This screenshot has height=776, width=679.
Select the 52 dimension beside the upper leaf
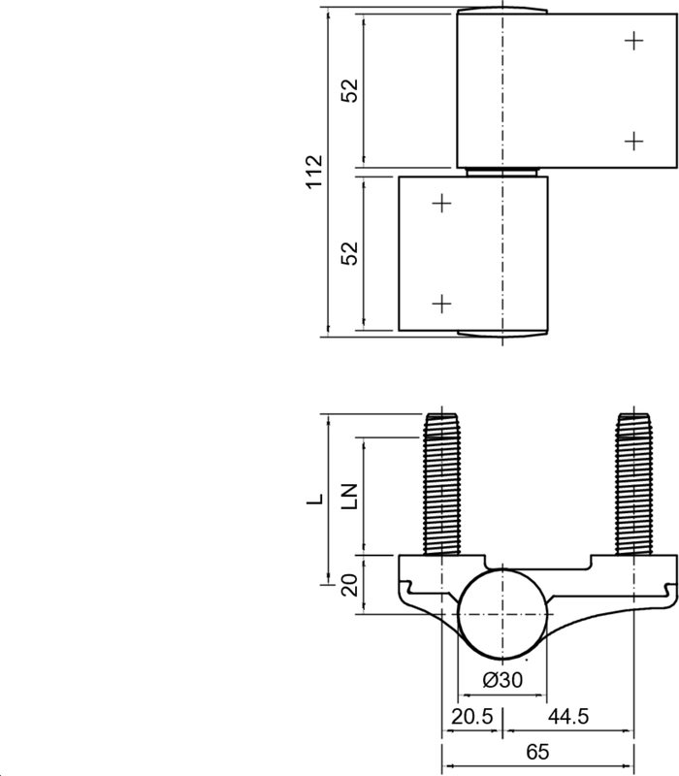coord(351,90)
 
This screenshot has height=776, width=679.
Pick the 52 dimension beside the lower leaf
coord(351,253)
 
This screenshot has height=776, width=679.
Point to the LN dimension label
coord(351,496)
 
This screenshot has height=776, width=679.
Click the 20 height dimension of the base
coord(351,584)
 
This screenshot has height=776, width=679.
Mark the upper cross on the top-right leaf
coord(633,41)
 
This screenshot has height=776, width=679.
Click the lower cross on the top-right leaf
coord(633,142)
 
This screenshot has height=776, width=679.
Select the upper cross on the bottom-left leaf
coord(442,203)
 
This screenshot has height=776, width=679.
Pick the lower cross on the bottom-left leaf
coord(442,304)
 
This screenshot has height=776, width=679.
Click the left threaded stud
coord(442,485)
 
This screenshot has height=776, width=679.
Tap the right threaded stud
coord(634,485)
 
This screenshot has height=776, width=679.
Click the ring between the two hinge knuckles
coord(501,172)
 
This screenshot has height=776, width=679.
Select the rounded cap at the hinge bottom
coord(501,334)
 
